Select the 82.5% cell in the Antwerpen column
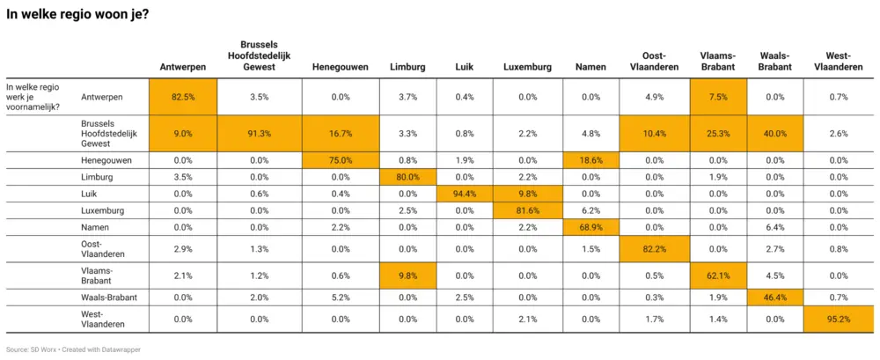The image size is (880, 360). (182, 97)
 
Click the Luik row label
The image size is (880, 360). (89, 194)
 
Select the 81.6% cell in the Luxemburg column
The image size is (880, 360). (527, 210)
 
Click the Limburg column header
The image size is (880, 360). (407, 66)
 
